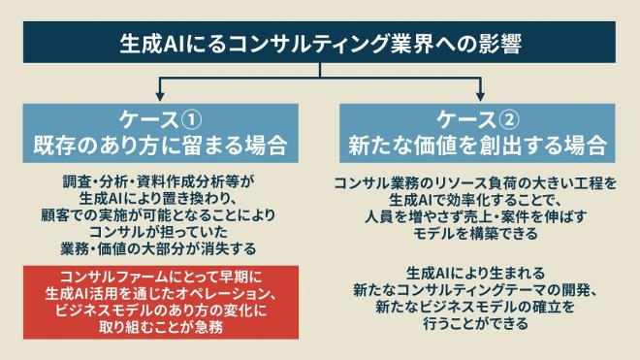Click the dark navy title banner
coord(320,44)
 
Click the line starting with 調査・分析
coord(160,180)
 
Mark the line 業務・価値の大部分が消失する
coord(160,246)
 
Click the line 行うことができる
coord(479,325)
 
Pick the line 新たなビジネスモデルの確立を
coord(479,308)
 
